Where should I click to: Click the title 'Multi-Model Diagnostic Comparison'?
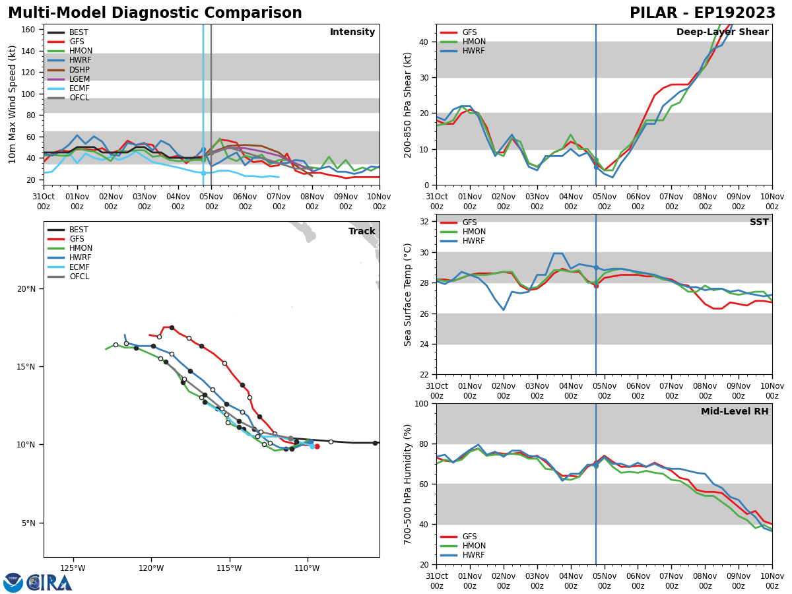pyautogui.click(x=155, y=13)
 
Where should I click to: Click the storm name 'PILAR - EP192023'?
pyautogui.click(x=702, y=13)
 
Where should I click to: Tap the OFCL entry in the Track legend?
pyautogui.click(x=79, y=277)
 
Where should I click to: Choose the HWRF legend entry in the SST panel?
pyautogui.click(x=474, y=241)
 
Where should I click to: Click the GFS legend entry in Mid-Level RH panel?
pyautogui.click(x=469, y=537)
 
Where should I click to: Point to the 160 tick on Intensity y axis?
pyautogui.click(x=28, y=30)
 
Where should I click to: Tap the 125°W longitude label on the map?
pyautogui.click(x=73, y=568)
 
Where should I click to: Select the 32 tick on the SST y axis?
pyautogui.click(x=425, y=221)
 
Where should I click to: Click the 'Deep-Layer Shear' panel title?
pyautogui.click(x=722, y=32)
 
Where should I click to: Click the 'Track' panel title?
pyautogui.click(x=362, y=232)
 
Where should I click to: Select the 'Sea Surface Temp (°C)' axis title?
pyautogui.click(x=409, y=294)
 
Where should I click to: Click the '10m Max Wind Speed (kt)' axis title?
pyautogui.click(x=12, y=104)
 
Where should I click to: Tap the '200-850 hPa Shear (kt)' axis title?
pyautogui.click(x=409, y=104)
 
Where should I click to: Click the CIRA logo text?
pyautogui.click(x=50, y=583)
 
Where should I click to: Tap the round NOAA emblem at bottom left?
pyautogui.click(x=13, y=583)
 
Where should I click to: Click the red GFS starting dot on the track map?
pyautogui.click(x=317, y=446)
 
